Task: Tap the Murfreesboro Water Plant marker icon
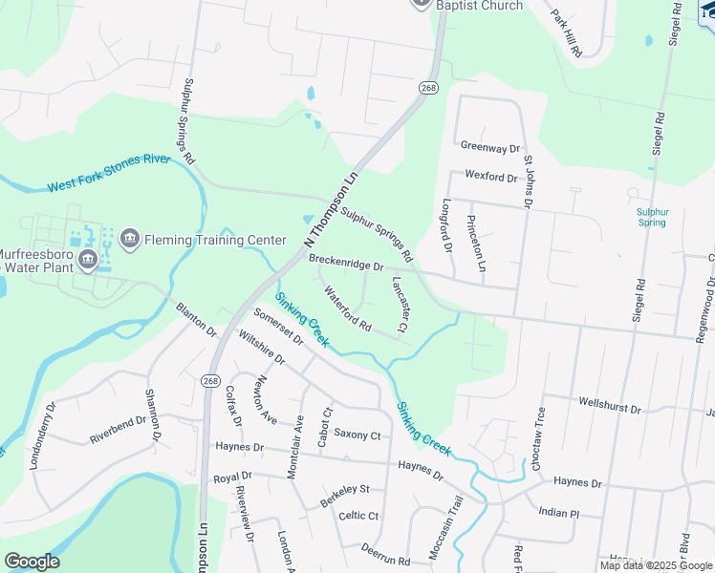tap(88, 259)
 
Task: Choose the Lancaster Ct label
tap(400, 305)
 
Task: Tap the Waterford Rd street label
tap(347, 310)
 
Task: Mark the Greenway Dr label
tap(489, 148)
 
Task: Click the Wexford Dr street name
tap(490, 177)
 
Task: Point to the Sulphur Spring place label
tap(653, 217)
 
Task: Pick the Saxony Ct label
tap(357, 435)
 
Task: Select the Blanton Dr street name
tap(196, 319)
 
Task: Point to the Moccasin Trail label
tap(444, 529)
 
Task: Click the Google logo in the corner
tap(32, 562)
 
